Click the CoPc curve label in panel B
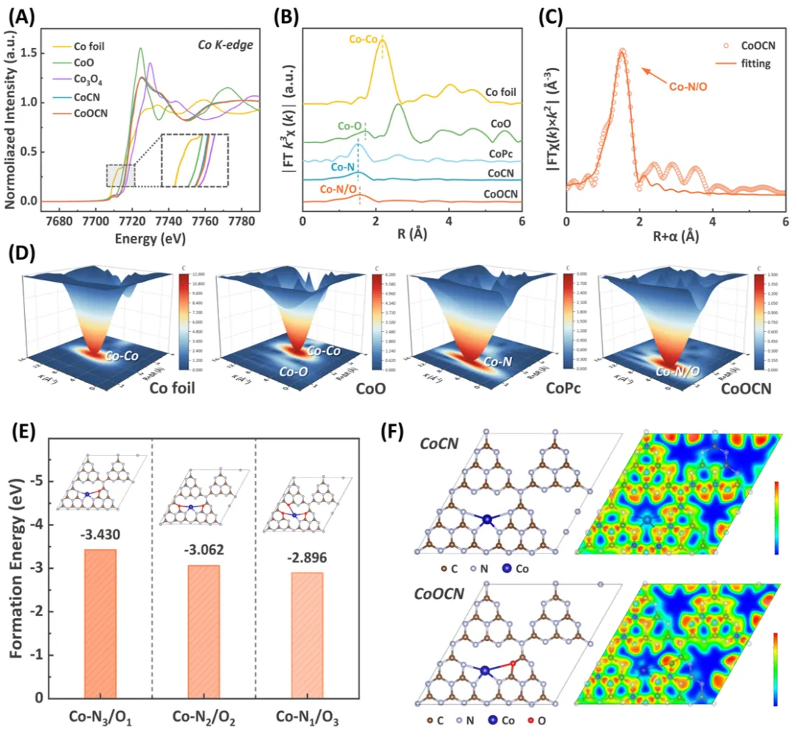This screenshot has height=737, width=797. [501, 154]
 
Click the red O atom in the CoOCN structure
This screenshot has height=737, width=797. [514, 663]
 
